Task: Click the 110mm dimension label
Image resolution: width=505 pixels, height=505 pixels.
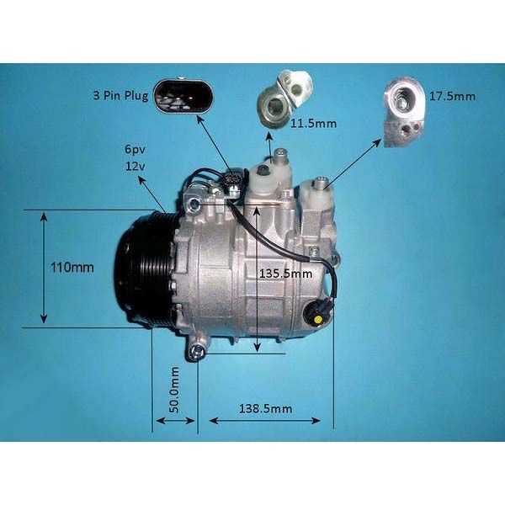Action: pyautogui.click(x=72, y=268)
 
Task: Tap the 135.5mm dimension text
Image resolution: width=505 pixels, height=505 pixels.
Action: pyautogui.click(x=286, y=274)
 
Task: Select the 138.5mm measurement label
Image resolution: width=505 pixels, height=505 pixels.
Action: pyautogui.click(x=266, y=409)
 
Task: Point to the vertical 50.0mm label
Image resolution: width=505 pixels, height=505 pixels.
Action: pyautogui.click(x=174, y=390)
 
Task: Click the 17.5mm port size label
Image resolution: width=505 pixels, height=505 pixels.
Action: pyautogui.click(x=453, y=96)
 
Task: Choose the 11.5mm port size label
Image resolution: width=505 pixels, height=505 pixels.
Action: pyautogui.click(x=313, y=123)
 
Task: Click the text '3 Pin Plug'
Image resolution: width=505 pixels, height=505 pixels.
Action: pyautogui.click(x=120, y=96)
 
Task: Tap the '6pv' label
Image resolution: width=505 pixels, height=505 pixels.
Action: pyautogui.click(x=135, y=150)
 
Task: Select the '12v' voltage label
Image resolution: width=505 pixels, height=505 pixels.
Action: pyautogui.click(x=135, y=166)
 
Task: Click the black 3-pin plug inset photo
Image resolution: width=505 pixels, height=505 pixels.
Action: pyautogui.click(x=183, y=96)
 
